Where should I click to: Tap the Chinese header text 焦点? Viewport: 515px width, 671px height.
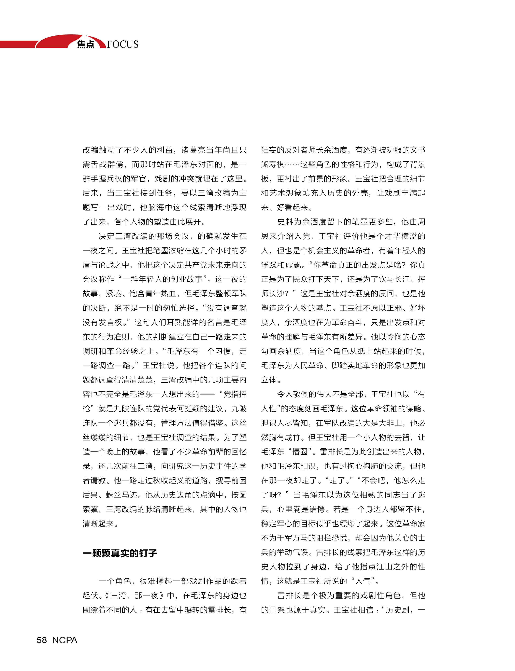tap(86, 44)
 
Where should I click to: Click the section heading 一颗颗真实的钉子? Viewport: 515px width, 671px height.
tap(120, 553)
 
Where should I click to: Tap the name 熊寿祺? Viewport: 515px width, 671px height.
tap(273, 164)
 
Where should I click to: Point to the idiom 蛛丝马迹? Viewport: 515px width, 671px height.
tap(122, 495)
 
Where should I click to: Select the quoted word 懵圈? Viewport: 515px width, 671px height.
tap(300, 452)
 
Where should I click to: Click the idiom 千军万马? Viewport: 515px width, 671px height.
tap(293, 538)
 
